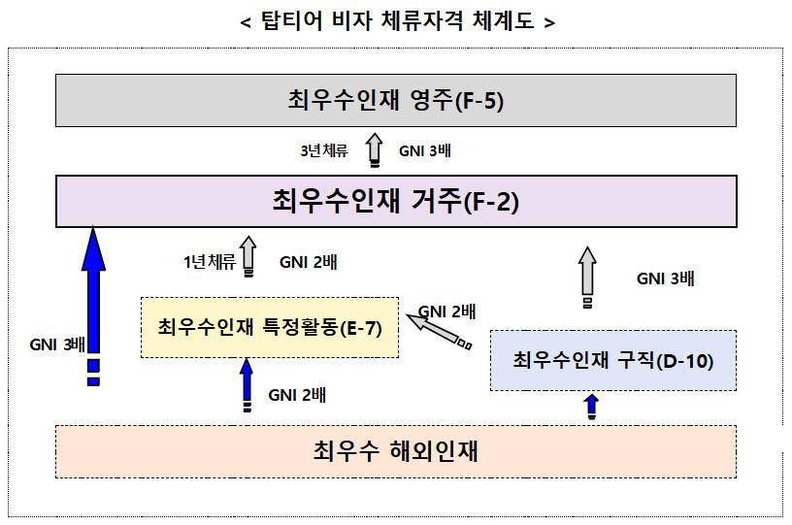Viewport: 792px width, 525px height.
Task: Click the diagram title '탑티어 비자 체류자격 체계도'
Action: click(396, 21)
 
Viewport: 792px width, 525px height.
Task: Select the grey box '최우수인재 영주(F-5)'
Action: click(395, 99)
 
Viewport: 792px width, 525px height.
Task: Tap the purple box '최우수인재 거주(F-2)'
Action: click(395, 202)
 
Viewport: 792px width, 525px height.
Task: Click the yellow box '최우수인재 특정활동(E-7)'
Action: click(270, 327)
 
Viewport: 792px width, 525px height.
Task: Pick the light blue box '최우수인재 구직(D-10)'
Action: click(612, 361)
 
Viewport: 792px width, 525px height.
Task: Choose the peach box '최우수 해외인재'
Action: click(395, 451)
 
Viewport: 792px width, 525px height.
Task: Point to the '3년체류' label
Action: click(324, 151)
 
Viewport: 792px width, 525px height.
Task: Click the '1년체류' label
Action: click(209, 261)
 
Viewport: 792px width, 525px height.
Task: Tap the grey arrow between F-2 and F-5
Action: click(374, 151)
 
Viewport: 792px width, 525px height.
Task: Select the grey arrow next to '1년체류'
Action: click(247, 257)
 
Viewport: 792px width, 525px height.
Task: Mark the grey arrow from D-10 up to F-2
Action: click(587, 275)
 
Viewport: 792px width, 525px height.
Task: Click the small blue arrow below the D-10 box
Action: click(591, 406)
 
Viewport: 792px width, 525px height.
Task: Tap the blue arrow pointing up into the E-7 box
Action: click(246, 383)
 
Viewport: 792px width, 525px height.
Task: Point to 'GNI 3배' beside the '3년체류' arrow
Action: click(425, 151)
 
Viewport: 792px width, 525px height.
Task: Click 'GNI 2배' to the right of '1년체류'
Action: click(309, 261)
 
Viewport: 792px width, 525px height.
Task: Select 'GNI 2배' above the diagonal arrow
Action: click(446, 312)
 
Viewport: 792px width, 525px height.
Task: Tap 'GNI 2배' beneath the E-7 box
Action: click(298, 395)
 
